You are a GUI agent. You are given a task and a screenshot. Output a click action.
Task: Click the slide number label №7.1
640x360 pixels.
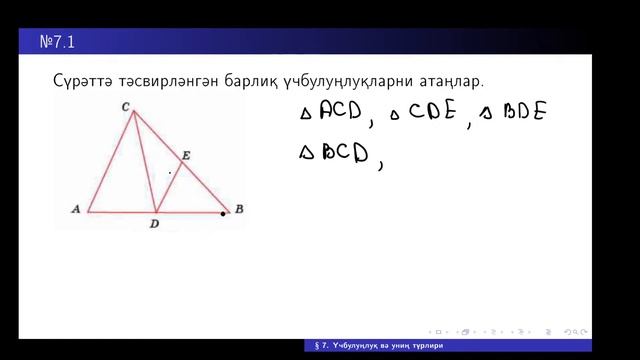58,43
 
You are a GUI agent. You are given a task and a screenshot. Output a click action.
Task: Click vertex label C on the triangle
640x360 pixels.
125,106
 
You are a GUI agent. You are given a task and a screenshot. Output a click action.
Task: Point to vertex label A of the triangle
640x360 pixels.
76,209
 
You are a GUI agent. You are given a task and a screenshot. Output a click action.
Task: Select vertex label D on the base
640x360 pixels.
154,223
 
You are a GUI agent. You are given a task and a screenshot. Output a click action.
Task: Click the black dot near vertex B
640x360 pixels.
223,214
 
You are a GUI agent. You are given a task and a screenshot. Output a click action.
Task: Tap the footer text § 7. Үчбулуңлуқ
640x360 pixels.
350,346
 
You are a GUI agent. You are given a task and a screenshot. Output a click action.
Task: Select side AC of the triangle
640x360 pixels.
110,160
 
